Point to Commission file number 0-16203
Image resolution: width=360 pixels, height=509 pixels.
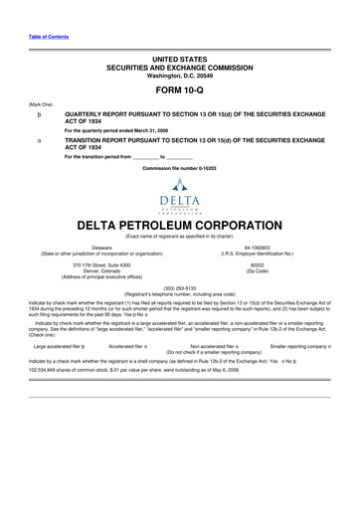pyautogui.click(x=179, y=168)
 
